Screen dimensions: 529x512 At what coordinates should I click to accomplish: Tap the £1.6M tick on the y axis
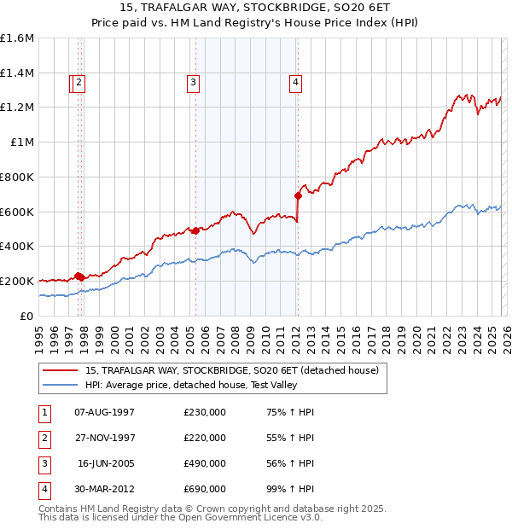pos(17,38)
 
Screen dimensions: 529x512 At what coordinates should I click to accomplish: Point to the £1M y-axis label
pos(23,142)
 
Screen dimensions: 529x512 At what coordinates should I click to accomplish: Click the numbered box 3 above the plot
pos(194,83)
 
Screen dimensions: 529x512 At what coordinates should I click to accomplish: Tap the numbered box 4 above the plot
pos(295,83)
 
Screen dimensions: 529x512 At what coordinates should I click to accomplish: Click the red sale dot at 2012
pos(299,195)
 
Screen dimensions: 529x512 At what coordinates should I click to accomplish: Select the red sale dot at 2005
pos(195,230)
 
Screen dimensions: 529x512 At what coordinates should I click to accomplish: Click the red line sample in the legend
pos(61,370)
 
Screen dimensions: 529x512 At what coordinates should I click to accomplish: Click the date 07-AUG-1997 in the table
pos(105,412)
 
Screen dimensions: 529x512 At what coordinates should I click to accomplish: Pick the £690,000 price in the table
pos(205,489)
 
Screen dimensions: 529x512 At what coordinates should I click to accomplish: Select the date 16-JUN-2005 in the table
pos(105,463)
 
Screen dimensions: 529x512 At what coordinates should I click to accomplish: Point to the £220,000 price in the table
pos(205,438)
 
